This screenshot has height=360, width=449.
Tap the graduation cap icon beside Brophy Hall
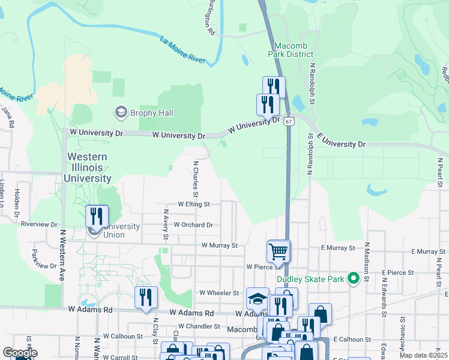click(121, 112)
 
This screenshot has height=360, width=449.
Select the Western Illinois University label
click(88, 167)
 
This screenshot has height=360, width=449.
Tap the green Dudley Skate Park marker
click(354, 278)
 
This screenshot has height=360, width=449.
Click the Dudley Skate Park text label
click(310, 279)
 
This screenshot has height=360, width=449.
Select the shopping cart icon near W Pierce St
click(279, 251)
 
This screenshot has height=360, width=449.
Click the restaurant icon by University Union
click(97, 216)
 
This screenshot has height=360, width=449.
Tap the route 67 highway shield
click(289, 121)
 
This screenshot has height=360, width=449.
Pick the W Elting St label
click(193, 204)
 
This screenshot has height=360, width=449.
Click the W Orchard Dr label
click(193, 225)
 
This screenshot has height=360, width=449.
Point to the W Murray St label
click(220, 245)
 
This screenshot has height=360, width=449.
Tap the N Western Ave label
click(62, 255)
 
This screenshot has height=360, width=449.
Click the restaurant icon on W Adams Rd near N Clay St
click(146, 298)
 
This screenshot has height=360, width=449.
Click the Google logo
click(20, 353)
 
